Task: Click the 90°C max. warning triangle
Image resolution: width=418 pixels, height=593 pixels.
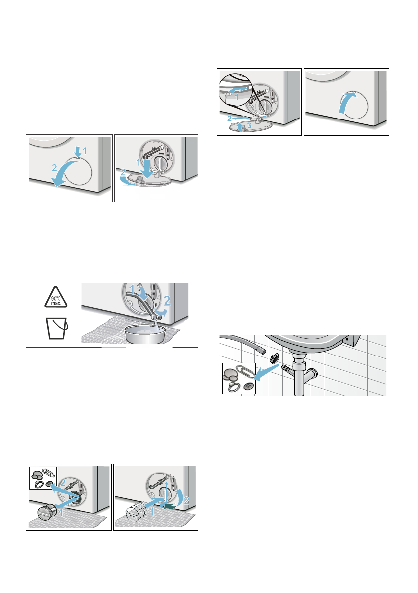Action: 56,297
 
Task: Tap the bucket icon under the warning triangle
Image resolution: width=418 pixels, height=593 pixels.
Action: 57,328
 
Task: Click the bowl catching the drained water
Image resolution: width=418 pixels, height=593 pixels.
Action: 145,333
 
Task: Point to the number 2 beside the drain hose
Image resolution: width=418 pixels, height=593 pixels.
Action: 167,301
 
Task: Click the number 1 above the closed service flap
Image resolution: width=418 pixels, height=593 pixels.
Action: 85,151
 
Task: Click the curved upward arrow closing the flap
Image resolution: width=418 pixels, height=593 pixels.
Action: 347,102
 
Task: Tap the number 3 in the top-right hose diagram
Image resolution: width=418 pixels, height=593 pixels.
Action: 249,125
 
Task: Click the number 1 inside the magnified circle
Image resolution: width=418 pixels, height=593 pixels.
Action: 237,97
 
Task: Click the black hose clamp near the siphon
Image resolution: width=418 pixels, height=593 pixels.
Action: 274,356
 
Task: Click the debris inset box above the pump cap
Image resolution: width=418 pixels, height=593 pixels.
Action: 43,478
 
